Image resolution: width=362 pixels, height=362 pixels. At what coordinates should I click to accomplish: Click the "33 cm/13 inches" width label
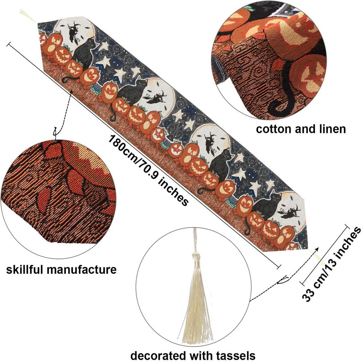(331, 264)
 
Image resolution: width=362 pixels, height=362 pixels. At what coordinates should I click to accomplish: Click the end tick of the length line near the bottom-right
(279, 266)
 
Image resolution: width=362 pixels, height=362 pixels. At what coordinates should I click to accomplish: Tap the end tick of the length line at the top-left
(9, 44)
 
